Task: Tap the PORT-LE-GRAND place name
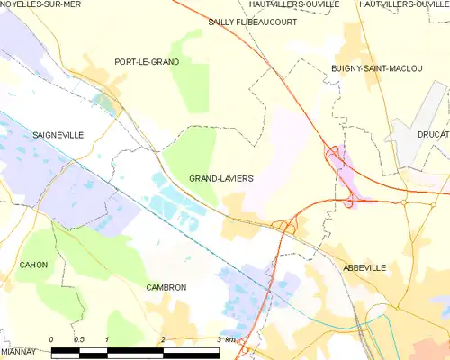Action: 147,62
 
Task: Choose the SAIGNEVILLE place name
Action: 58,134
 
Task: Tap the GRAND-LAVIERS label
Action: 220,178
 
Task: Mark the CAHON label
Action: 33,265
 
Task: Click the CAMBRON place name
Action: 166,287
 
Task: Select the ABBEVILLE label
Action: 364,267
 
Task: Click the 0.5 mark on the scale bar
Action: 79,339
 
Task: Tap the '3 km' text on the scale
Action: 227,339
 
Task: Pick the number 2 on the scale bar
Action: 163,339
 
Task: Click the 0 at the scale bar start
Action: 51,339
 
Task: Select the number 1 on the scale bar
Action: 107,339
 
